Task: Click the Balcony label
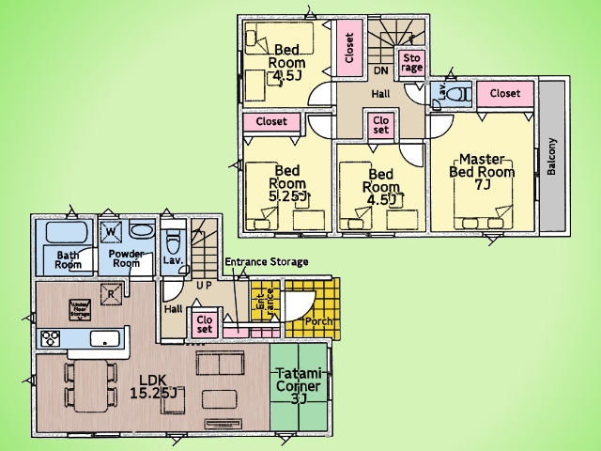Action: [552, 156]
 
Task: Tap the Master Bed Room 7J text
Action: [482, 171]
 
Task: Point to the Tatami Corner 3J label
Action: [299, 386]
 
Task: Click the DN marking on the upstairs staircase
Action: [382, 70]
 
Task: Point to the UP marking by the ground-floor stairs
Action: [203, 284]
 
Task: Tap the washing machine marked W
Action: [111, 231]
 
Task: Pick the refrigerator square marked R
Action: [111, 294]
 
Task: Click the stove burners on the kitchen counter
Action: [51, 337]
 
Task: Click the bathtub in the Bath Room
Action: [63, 232]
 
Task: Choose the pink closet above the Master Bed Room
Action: [505, 94]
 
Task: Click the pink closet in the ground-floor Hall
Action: [204, 322]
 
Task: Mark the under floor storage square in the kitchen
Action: [79, 308]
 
